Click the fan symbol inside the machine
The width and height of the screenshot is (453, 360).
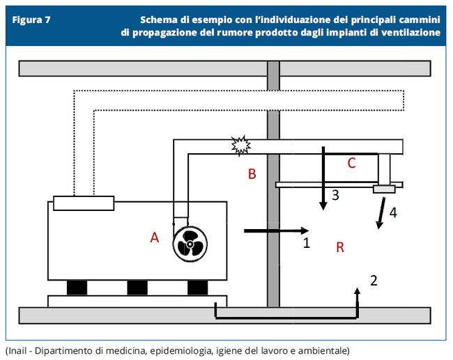tap(190, 244)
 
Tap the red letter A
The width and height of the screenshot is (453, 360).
tap(155, 237)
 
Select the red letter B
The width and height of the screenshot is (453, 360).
tap(252, 174)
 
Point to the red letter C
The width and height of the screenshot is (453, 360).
tap(351, 163)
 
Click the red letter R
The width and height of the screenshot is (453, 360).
tap(340, 247)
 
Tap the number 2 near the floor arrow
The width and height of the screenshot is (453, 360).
tap(374, 281)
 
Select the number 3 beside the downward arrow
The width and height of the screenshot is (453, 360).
tap(335, 196)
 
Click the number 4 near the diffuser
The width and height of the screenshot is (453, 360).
tap(393, 212)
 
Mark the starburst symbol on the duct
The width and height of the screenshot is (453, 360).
tap(240, 146)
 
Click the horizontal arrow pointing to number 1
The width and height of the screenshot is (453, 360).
tap(275, 230)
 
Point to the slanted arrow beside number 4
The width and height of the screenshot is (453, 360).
tap(381, 212)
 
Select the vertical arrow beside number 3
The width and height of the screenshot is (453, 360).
tap(323, 178)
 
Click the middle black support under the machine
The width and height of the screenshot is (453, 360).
tap(137, 287)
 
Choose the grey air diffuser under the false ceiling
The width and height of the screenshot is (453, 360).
tap(384, 189)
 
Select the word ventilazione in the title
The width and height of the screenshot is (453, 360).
tap(408, 33)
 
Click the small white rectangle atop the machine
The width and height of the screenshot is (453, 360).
tap(84, 203)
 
